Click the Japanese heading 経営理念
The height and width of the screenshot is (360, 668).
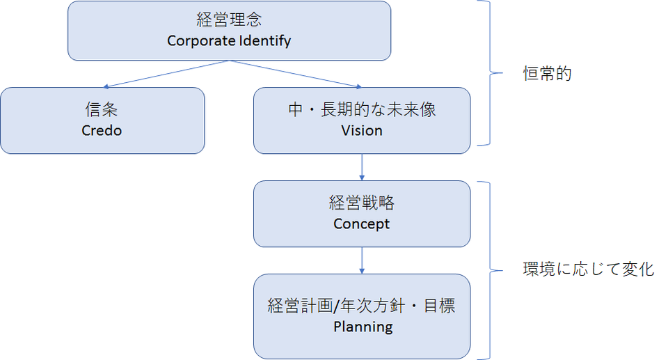tap(229, 19)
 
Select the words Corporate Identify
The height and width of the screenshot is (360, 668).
tap(229, 40)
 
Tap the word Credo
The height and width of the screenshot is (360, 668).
tap(102, 130)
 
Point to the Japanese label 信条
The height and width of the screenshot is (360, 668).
tap(102, 110)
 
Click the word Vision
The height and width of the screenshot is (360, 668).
tap(362, 130)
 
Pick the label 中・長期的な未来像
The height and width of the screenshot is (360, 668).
tap(362, 110)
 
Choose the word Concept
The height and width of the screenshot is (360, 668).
tap(362, 224)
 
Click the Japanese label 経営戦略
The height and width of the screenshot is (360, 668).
tap(362, 203)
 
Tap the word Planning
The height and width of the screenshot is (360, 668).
tap(363, 326)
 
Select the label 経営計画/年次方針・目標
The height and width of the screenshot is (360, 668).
tap(362, 305)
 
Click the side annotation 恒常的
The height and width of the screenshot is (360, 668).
tap(547, 74)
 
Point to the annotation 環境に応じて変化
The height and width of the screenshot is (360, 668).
tap(588, 269)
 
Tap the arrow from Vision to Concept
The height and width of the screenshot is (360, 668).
tap(362, 167)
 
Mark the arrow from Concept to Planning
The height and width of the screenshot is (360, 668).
tap(362, 260)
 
